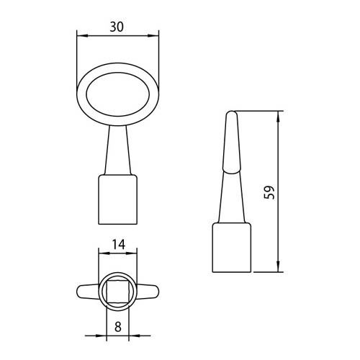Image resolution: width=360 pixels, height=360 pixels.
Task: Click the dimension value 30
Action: (x=117, y=27)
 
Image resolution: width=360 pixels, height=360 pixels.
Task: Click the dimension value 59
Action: (x=269, y=192)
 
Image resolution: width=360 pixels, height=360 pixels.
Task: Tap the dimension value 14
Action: (x=119, y=245)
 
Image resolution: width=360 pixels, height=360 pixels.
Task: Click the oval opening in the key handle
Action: (x=118, y=94)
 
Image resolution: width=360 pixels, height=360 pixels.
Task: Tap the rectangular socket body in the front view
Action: (x=118, y=199)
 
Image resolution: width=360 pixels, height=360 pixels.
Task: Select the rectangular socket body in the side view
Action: (x=232, y=248)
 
